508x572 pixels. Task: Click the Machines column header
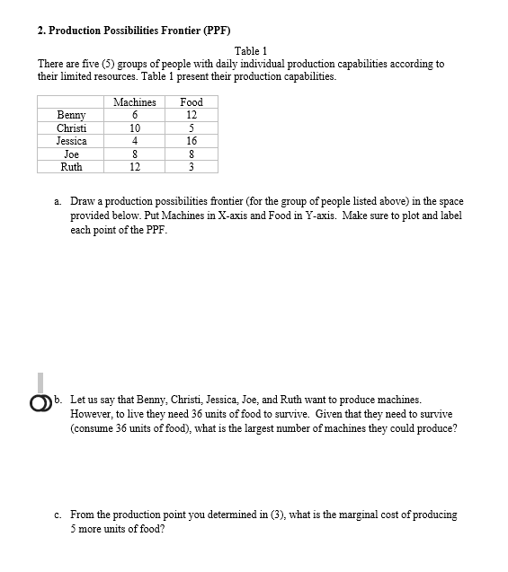point(135,102)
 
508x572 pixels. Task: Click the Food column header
point(192,102)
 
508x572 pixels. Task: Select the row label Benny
point(71,115)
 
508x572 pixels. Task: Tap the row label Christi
point(71,128)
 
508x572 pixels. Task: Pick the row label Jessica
point(71,141)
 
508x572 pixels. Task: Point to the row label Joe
point(71,154)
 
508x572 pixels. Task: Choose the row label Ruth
point(71,167)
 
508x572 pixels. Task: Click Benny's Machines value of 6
point(135,115)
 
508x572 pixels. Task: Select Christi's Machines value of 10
point(135,128)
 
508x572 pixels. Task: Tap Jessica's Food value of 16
point(192,141)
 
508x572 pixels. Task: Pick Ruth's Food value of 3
point(192,167)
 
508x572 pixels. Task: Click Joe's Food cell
point(192,154)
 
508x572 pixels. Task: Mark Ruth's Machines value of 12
point(135,167)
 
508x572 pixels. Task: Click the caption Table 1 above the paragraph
point(251,51)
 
